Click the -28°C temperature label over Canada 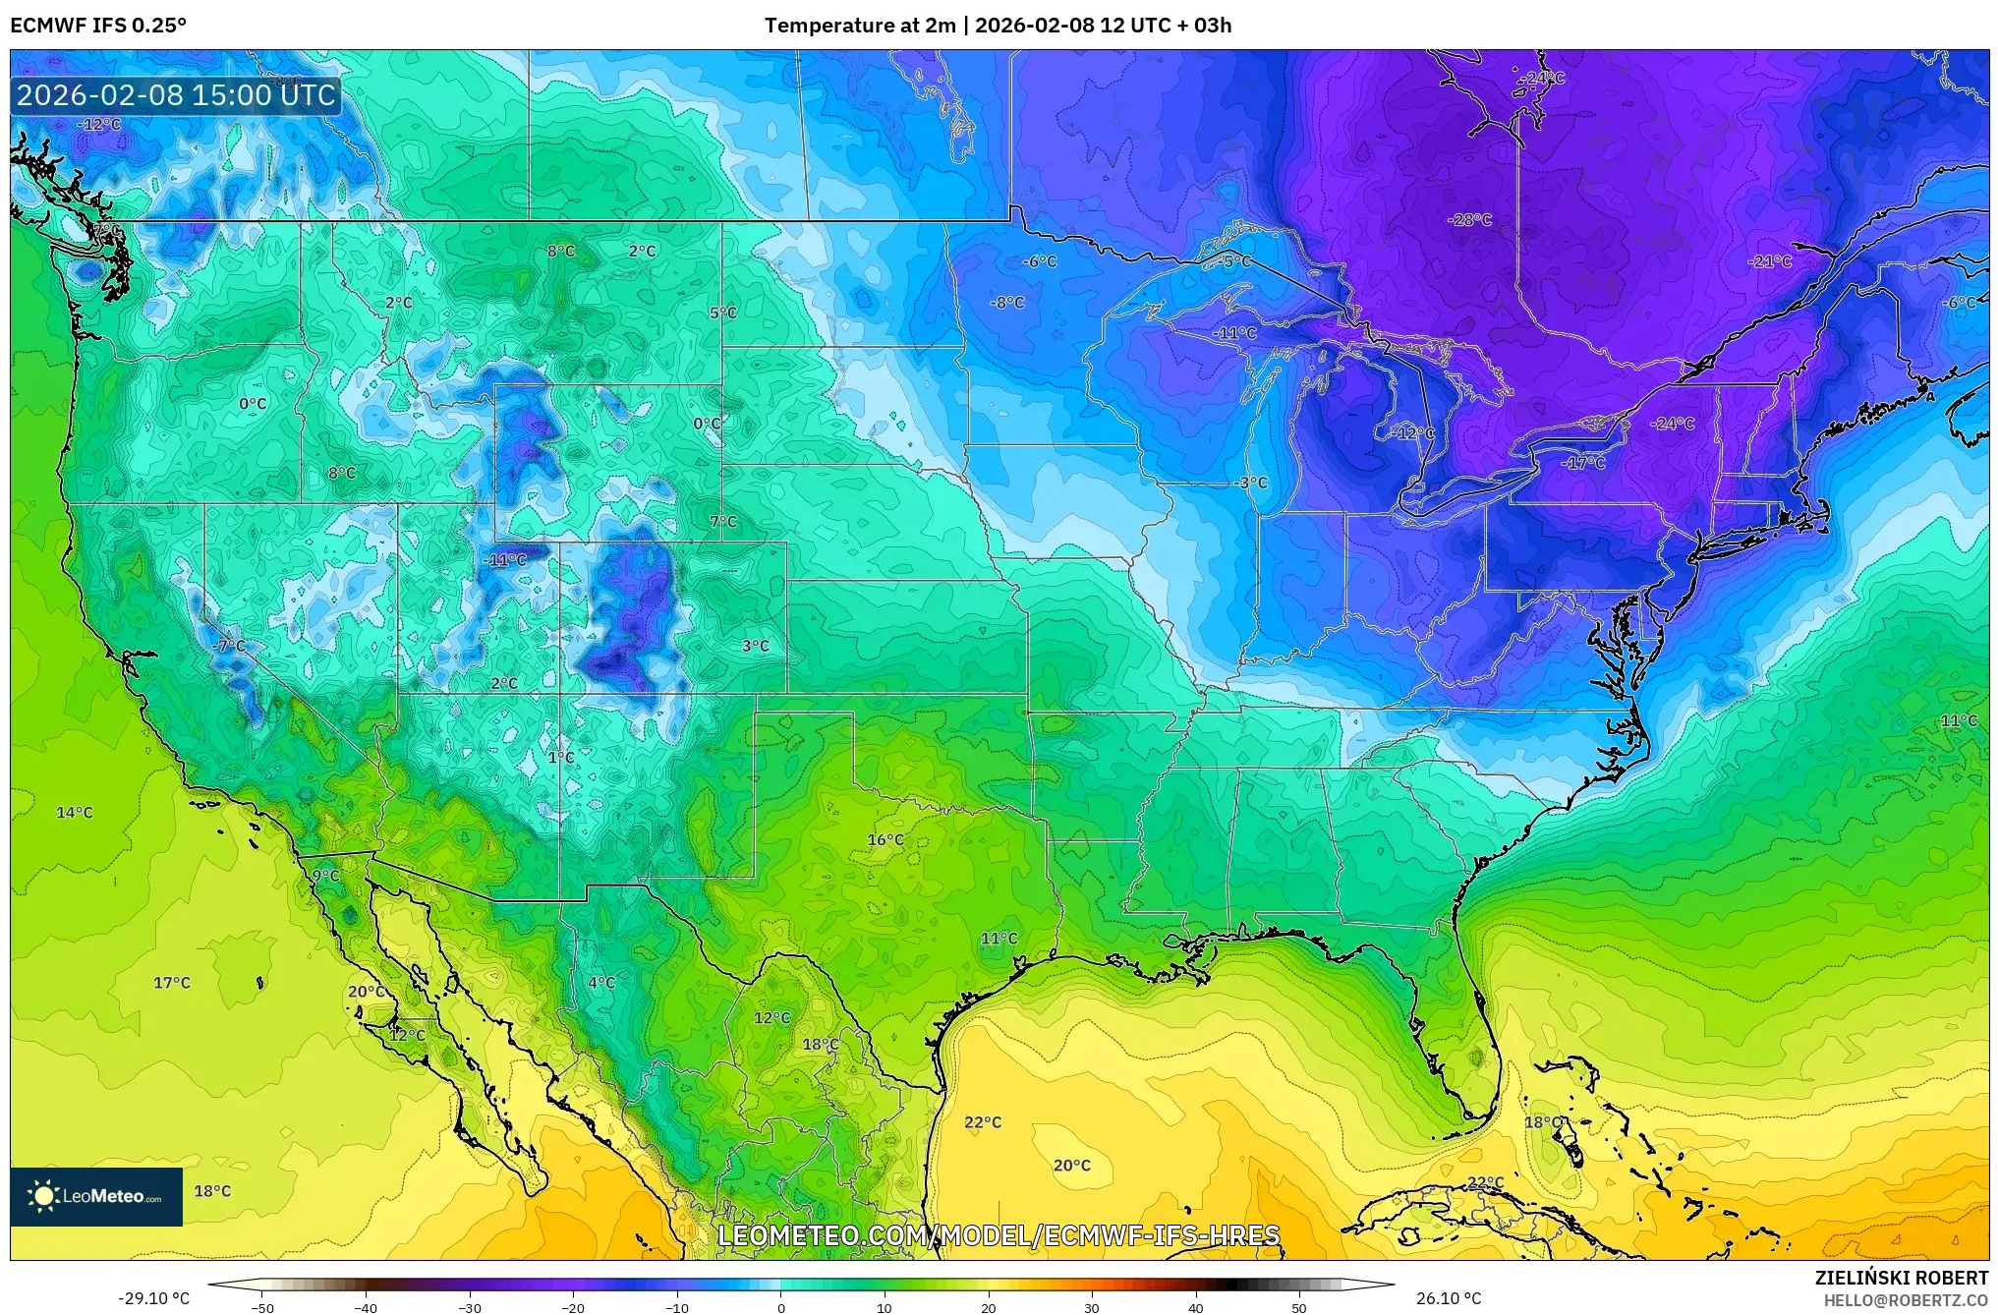click(1468, 219)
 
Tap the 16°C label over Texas click(885, 839)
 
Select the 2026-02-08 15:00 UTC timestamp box click(176, 95)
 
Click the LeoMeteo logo click(96, 1196)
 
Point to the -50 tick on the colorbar click(262, 1307)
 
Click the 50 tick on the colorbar click(1299, 1307)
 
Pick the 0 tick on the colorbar click(781, 1307)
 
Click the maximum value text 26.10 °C click(1448, 1298)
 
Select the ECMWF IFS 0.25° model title click(98, 25)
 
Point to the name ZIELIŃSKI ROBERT click(1901, 1278)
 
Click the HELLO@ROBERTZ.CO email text click(1906, 1300)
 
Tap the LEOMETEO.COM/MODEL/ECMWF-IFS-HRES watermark click(999, 1234)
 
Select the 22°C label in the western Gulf click(982, 1122)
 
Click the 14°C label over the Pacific click(74, 812)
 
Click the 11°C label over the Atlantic click(1958, 720)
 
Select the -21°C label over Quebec click(1769, 260)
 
